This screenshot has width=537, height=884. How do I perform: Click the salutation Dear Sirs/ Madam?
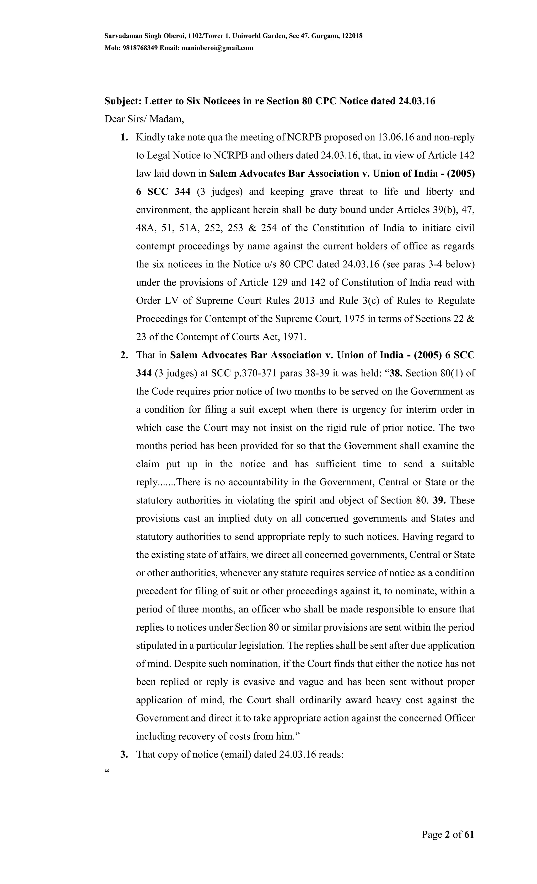pyautogui.click(x=144, y=119)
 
